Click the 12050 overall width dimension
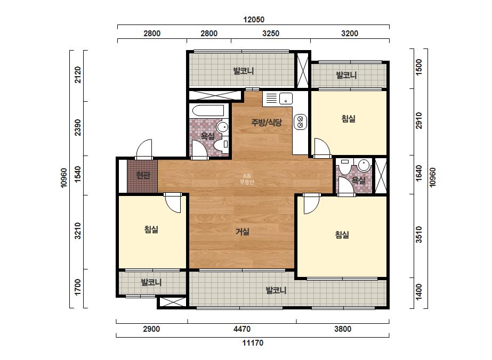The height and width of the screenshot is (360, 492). click(254, 20)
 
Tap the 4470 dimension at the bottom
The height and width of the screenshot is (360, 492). click(242, 329)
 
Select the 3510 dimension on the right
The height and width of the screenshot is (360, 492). click(419, 234)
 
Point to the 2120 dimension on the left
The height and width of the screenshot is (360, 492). click(77, 75)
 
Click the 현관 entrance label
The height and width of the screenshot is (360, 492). click(143, 175)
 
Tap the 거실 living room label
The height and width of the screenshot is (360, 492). click(243, 232)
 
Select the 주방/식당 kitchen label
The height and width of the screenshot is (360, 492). click(267, 122)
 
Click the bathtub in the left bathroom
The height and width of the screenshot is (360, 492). click(208, 111)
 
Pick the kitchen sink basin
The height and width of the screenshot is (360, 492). click(286, 99)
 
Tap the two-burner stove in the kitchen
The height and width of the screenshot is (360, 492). click(300, 122)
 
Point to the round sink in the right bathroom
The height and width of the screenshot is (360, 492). click(364, 165)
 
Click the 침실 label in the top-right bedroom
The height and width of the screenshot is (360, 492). click(348, 119)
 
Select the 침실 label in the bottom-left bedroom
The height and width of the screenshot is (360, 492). click(151, 229)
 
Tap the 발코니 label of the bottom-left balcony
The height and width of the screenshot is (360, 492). click(151, 282)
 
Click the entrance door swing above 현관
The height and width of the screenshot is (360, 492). click(144, 149)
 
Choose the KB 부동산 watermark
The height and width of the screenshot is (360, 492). click(247, 179)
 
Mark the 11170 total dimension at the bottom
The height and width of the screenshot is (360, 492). click(253, 343)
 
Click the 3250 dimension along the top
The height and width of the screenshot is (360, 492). click(271, 33)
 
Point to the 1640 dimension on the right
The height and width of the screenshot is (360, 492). click(419, 174)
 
